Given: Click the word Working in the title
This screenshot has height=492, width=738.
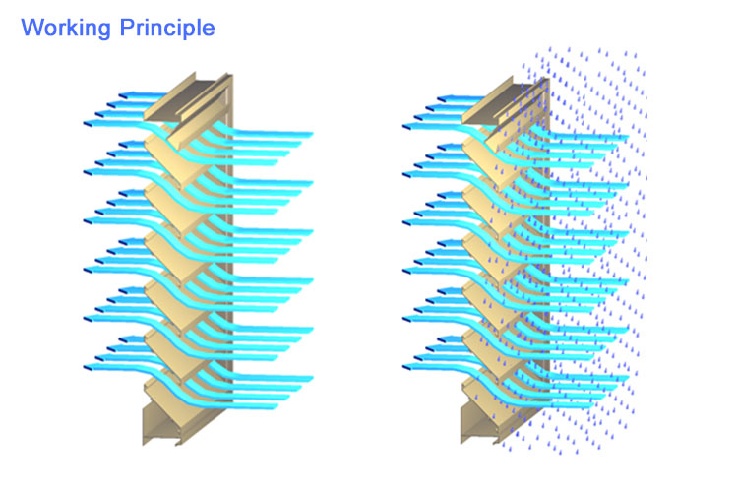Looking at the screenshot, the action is tap(65, 29).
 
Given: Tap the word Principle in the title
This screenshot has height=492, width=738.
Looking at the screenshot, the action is tap(167, 29).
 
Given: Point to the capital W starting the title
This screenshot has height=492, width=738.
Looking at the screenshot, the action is tap(32, 27).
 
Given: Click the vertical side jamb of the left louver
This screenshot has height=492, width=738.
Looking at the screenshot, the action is tap(228, 245).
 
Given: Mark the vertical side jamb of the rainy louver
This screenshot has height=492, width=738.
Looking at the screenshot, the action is tap(546, 245).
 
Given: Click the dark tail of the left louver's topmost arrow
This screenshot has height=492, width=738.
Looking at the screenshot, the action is tap(123, 96).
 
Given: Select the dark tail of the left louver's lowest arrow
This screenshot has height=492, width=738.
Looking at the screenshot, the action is tap(88, 368).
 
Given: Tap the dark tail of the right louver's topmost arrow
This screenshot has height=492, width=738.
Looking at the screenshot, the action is tap(442, 98).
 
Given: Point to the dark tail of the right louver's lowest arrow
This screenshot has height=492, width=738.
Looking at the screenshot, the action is tap(407, 367).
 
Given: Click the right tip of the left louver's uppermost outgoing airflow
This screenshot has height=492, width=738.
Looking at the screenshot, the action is tap(312, 134).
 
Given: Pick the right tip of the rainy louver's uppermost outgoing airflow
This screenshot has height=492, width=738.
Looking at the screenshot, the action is tap(628, 138).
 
